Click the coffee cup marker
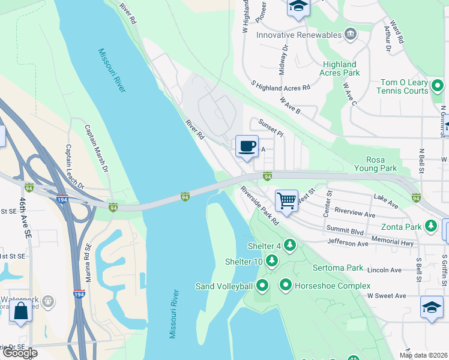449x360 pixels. click(247, 146)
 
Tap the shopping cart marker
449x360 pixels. click(287, 201)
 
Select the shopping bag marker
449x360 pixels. click(21, 311)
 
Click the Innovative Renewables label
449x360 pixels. click(298, 35)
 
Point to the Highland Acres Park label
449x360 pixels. click(340, 68)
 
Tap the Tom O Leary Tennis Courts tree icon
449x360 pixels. click(438, 86)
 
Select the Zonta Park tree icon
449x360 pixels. click(430, 227)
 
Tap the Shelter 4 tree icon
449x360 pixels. click(290, 245)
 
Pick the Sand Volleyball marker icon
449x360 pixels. click(262, 286)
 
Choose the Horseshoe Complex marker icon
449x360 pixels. click(286, 286)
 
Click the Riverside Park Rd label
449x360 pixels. click(260, 205)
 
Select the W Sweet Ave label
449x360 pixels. click(387, 295)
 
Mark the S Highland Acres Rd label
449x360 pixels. click(281, 87)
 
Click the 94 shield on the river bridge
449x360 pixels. click(185, 197)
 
